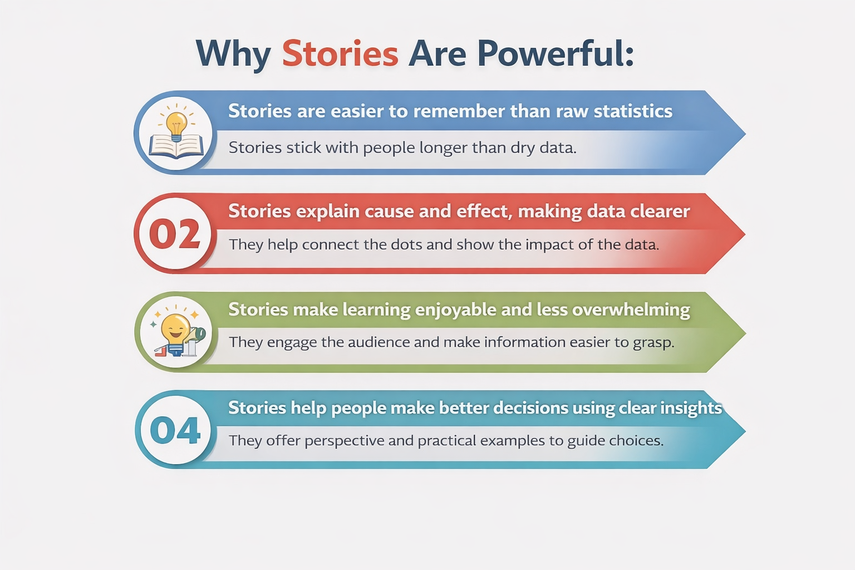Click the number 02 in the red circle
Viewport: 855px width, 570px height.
tap(175, 234)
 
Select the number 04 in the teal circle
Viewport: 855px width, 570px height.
tap(175, 430)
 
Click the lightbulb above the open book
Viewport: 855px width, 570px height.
tap(176, 124)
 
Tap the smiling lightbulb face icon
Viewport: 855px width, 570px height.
tap(175, 329)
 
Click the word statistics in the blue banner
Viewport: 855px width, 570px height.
tap(633, 111)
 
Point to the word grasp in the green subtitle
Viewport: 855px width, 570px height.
tap(653, 343)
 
